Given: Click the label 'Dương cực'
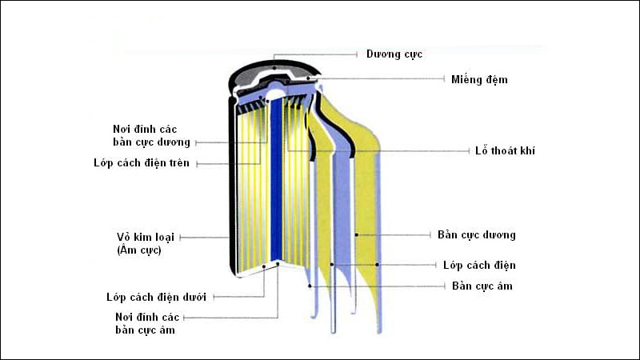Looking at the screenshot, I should [394, 54].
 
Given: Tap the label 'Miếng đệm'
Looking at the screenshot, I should [478, 79].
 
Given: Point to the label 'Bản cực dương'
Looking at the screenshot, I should [477, 235].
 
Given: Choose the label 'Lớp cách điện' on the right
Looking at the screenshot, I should [479, 265].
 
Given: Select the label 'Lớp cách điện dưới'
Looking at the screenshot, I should [156, 297].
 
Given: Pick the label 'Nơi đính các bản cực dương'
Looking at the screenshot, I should [152, 135].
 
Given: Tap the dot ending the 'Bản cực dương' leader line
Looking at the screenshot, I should [357, 235].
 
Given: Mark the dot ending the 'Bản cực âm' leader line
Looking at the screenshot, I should [310, 286].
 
